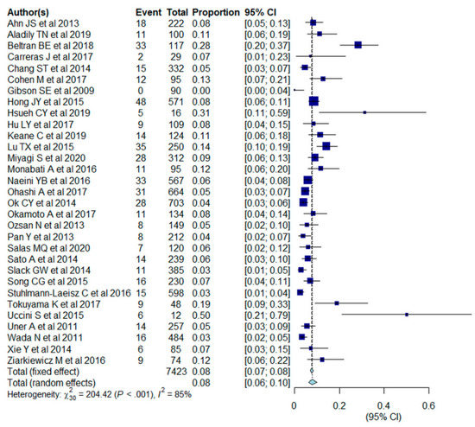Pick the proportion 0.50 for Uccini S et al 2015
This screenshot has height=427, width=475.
pos(224,314)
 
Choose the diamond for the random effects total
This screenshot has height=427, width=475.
pos(313,381)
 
